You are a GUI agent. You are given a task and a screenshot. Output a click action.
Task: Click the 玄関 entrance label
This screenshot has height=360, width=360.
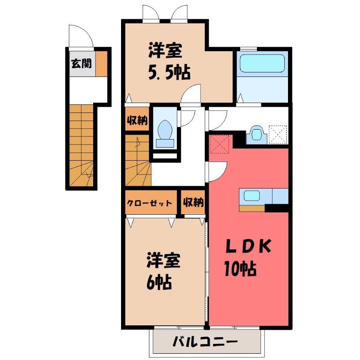click(81, 63)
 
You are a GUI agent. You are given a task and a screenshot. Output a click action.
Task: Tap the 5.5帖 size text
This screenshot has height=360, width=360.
click(169, 72)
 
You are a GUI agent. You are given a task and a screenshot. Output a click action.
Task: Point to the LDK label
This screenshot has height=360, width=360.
click(249, 246)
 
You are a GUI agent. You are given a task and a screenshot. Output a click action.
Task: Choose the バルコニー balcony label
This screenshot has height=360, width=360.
click(205, 342)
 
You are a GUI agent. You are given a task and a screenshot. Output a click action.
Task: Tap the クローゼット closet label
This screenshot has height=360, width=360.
click(149, 203)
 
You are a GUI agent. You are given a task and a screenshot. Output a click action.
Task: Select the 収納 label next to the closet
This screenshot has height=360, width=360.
click(193, 202)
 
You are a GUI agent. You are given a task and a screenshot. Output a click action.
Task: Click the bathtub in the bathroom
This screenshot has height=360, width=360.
click(262, 63)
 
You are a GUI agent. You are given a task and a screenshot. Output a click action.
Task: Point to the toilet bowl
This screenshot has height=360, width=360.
click(165, 130)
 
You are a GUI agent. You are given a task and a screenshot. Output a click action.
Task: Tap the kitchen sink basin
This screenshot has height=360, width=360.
click(252, 196)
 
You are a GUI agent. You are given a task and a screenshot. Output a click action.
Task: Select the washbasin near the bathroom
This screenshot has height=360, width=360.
click(256, 134)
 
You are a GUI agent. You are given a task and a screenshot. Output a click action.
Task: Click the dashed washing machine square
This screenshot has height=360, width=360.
click(278, 135)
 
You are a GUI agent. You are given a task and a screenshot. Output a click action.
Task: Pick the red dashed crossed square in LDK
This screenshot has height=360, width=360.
click(220, 144)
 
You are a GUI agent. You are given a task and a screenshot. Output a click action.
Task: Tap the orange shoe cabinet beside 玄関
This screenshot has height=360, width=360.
click(101, 63)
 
